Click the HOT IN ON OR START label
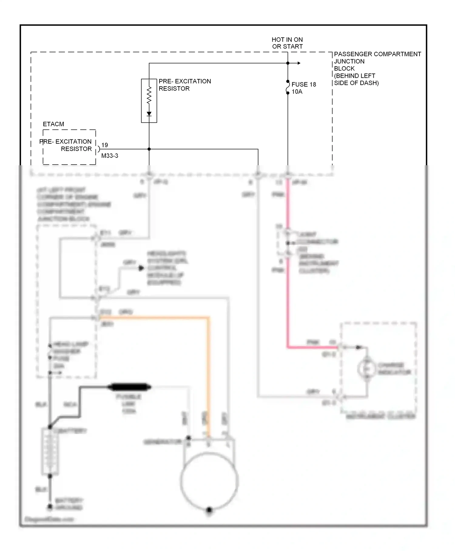287,43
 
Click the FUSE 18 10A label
303,88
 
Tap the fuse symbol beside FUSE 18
288,87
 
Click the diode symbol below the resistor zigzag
149,114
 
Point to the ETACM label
53,124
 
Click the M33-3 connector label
110,156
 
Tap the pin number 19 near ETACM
104,145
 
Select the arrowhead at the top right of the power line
299,63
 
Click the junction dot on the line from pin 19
149,149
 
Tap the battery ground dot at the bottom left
50,507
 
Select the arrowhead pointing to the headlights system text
141,268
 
